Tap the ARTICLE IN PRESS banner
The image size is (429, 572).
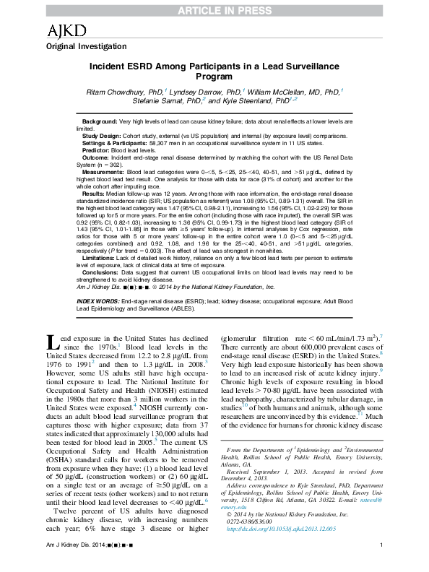[x=214, y=7]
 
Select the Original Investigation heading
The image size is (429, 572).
[x=82, y=45]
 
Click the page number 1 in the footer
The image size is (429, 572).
[x=380, y=564]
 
